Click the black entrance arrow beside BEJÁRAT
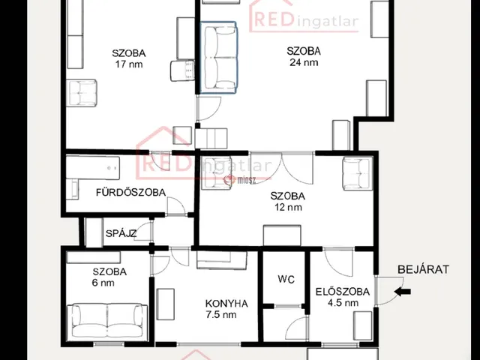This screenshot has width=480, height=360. (x=402, y=292)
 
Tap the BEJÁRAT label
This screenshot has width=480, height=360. (x=423, y=269)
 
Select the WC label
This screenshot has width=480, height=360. (x=286, y=279)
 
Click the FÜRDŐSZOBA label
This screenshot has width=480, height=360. (x=130, y=192)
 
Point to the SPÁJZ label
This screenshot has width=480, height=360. (x=121, y=233)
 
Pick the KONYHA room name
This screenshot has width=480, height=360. (x=226, y=304)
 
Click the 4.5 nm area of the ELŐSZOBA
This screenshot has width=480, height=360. (x=343, y=303)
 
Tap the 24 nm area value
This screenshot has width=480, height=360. (x=304, y=62)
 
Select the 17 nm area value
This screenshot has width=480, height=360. (x=129, y=64)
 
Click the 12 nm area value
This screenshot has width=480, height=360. (x=288, y=207)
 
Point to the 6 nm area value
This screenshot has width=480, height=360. (x=103, y=283)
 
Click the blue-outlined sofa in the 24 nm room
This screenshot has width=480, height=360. (x=218, y=57)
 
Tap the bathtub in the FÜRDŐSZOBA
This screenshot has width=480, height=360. (x=93, y=168)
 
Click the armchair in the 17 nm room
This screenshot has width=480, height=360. (x=82, y=93)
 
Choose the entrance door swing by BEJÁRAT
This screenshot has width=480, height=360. (x=389, y=290)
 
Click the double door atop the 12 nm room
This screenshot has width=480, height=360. (x=282, y=168)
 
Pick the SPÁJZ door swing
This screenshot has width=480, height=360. (x=142, y=231)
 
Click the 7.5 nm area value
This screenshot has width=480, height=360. (x=221, y=315)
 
